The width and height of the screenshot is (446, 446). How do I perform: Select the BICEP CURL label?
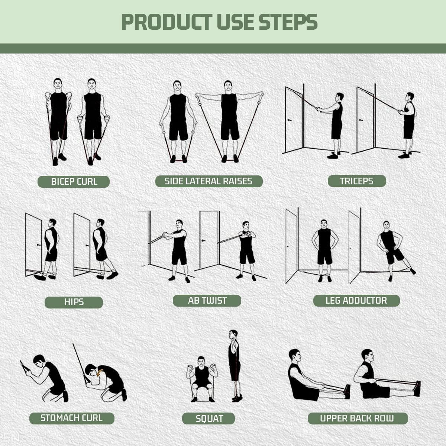(74, 182)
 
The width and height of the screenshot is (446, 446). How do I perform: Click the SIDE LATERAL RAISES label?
(209, 181)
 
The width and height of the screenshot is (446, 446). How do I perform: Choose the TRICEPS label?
(356, 181)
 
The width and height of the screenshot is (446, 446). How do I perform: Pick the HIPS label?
(74, 302)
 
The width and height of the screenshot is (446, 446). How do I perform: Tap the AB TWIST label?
(207, 300)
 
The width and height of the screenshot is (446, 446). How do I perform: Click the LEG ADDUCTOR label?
(356, 300)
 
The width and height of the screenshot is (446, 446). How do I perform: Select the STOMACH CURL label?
(71, 418)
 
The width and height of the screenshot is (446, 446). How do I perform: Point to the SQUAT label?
(209, 418)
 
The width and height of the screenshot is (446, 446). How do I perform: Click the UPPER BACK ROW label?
(357, 418)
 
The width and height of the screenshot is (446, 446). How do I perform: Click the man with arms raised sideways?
(229, 119)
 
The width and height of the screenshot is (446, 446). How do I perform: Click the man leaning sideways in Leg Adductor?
(390, 249)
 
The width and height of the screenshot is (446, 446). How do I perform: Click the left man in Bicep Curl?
(58, 119)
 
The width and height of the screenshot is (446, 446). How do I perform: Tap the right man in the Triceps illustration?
(408, 123)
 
